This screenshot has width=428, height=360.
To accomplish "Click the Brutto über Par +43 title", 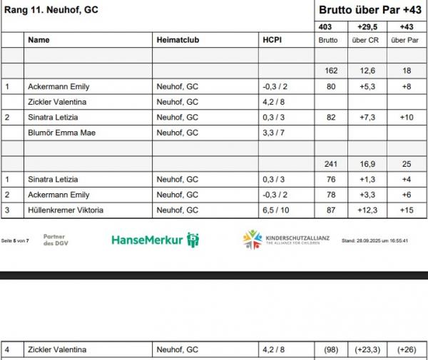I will point(370,11).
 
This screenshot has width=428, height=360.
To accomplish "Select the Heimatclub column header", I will point(175,41).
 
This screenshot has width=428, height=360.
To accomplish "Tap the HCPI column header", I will point(272,41).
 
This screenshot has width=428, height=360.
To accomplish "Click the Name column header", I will point(39,41).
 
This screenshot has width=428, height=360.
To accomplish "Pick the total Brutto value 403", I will point(326,26).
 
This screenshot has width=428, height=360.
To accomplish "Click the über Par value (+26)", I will point(406,350).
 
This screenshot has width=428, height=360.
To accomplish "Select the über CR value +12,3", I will point(367,210).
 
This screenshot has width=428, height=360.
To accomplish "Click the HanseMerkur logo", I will point(155,240).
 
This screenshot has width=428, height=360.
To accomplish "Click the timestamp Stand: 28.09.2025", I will point(374,241).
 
